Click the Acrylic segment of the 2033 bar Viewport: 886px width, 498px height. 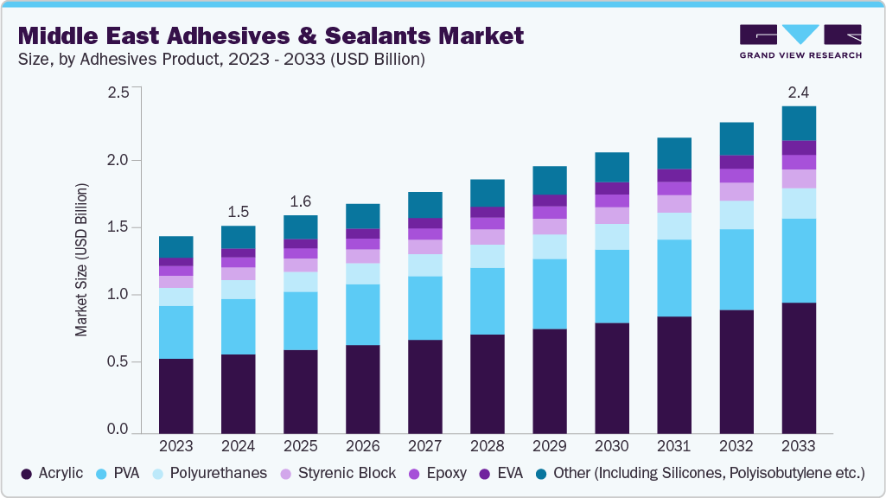pos(799,367)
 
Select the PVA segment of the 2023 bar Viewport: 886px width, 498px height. pos(176,332)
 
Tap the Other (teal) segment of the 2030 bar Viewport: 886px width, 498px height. pos(612,167)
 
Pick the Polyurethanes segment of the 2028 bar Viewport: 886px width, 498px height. pos(488,256)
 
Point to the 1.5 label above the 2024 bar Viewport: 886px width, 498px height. pos(239,212)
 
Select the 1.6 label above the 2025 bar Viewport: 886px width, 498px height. pos(301,201)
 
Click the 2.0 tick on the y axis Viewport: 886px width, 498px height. pos(118,160)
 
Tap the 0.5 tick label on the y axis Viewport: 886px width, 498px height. pos(118,362)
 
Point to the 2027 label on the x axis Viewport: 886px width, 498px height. pos(425,446)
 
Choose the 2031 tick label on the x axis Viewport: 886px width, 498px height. pos(674,446)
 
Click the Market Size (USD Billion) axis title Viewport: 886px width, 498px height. pos(81,259)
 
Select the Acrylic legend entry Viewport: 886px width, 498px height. pos(54,473)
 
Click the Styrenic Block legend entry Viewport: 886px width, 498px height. pos(338,473)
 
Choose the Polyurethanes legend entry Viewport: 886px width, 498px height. pos(210,473)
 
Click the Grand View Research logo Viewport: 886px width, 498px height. pos(800,41)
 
